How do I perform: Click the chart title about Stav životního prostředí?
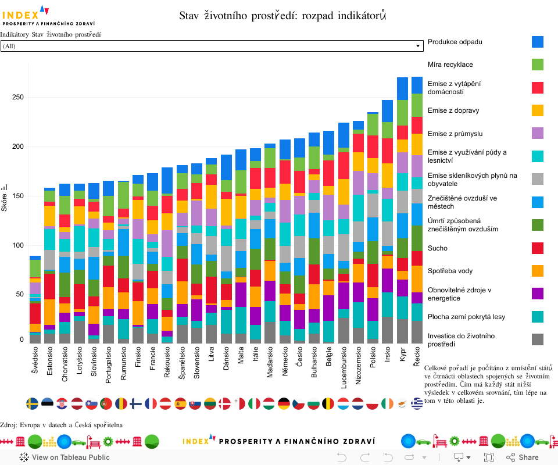pos(282,16)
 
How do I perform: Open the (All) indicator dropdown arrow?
pos(418,46)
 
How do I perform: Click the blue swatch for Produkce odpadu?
pos(538,42)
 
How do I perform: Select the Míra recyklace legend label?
pos(450,65)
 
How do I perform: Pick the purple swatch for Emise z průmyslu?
pos(538,134)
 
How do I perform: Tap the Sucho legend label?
pos(437,248)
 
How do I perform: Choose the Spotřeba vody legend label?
pos(450,271)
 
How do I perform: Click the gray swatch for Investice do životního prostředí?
pos(538,339)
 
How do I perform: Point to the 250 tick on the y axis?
pos(17,97)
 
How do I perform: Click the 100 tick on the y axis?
pos(17,245)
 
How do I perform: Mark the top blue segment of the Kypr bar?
pos(402,88)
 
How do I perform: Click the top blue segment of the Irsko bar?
pos(388,110)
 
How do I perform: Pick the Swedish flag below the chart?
pos(33,403)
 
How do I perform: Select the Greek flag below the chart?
pos(417,403)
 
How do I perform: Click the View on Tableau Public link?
pos(64,457)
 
